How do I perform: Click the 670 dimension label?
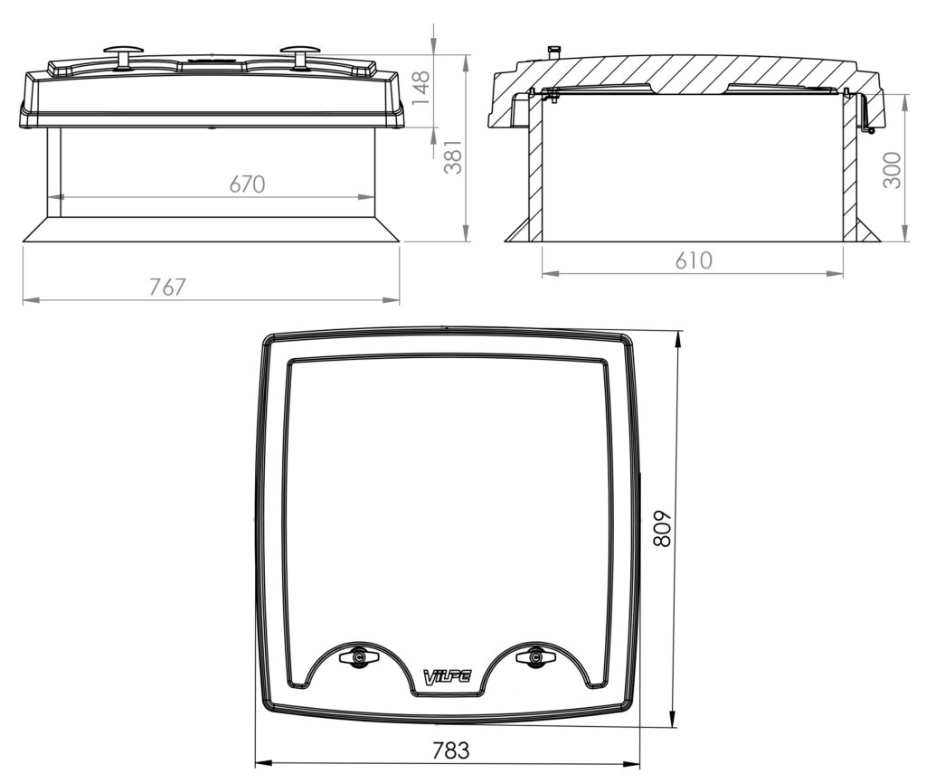(x=247, y=184)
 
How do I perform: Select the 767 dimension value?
(x=167, y=287)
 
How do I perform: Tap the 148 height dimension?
(x=421, y=88)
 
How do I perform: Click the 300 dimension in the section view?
(x=892, y=170)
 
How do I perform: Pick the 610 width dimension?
(x=694, y=259)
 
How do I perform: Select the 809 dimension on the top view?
(x=663, y=528)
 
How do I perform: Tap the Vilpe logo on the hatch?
(x=448, y=675)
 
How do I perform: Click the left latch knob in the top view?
(x=358, y=657)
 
